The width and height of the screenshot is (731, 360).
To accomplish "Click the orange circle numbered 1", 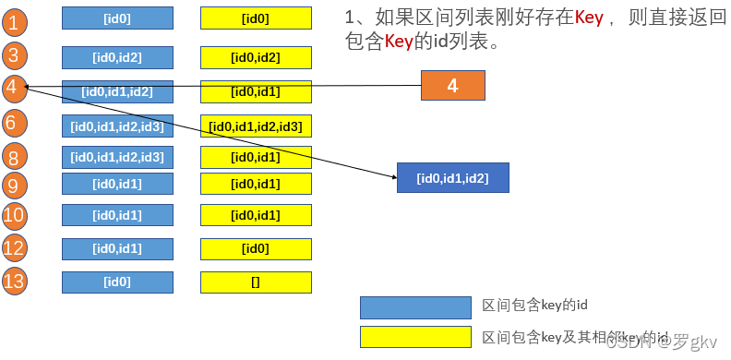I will click(x=12, y=19).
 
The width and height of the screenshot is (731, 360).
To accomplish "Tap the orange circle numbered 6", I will click(x=12, y=122).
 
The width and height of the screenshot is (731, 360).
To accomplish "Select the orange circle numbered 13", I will click(x=12, y=280).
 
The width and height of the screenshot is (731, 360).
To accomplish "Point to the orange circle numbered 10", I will click(x=12, y=217).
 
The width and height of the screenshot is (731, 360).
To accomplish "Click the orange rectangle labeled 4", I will click(x=452, y=86).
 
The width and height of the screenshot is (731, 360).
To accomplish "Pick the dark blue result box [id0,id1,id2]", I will click(x=452, y=177).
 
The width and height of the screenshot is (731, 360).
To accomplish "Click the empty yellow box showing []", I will click(x=256, y=282).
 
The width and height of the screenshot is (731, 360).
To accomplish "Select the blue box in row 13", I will click(x=117, y=282).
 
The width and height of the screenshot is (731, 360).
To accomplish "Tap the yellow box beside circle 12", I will click(x=256, y=248).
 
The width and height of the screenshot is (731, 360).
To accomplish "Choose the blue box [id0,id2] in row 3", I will click(x=117, y=57).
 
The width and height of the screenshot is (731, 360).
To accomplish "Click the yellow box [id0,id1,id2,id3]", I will click(x=256, y=126).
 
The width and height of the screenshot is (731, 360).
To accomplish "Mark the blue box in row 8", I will click(x=117, y=157).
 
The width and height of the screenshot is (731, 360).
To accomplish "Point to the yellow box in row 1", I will click(x=256, y=18).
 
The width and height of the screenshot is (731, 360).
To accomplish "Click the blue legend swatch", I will click(x=414, y=307).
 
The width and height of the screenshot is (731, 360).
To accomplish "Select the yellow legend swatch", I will click(x=414, y=338).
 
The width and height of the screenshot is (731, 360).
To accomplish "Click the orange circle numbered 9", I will click(x=12, y=185).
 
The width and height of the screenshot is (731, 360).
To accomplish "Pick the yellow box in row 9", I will click(x=256, y=184).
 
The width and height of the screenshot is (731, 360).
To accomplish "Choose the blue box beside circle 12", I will click(x=117, y=248).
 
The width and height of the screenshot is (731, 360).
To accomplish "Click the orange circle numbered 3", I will click(x=12, y=54).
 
